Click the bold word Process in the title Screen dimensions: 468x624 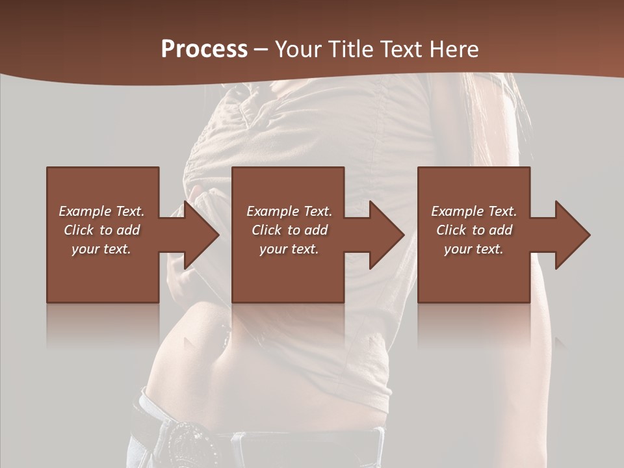point(204,49)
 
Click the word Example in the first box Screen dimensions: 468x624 point(85,211)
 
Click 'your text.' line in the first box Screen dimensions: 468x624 point(101,249)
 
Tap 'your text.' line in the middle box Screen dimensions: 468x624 point(289,249)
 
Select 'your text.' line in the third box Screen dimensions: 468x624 point(473,249)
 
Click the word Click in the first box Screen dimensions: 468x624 point(79,230)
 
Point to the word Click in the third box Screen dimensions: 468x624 point(451,230)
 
